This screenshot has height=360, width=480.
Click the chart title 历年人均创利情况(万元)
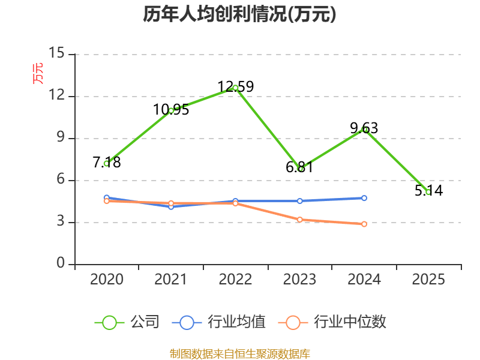[x=239, y=14]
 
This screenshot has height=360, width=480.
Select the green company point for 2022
[x=235, y=88]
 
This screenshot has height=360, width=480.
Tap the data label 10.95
[x=171, y=110]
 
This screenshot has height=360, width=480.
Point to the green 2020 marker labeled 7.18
[x=107, y=164]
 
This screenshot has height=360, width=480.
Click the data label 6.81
[x=299, y=167]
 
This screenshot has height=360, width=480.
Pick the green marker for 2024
[x=364, y=130]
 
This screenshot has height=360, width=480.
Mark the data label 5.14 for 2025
[x=428, y=191]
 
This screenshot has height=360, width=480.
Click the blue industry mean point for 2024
[x=364, y=198]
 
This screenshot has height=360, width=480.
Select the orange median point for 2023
[x=299, y=220]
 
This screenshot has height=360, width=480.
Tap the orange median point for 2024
[x=364, y=224]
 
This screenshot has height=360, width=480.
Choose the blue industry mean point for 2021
[x=171, y=207]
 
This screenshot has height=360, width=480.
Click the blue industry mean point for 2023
[x=299, y=201]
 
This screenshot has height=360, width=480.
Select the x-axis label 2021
[x=171, y=279]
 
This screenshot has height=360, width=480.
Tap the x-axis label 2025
[x=428, y=279]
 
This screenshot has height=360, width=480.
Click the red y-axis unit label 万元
[x=38, y=73]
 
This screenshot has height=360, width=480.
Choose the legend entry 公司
[x=127, y=322]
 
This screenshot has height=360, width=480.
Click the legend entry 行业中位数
[x=332, y=322]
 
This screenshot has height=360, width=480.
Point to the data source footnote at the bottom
[x=240, y=354]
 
